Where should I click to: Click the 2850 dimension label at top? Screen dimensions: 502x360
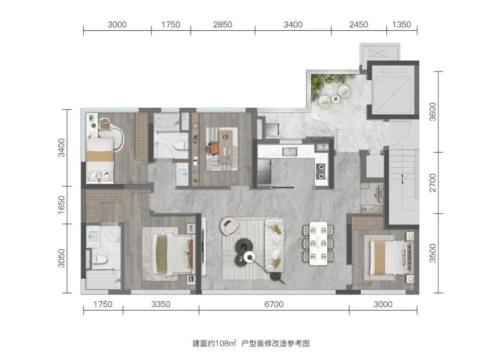[x=223, y=25]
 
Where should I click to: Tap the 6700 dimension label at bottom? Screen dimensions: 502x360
[x=274, y=304]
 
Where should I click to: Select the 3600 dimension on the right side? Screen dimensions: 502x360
[x=433, y=111]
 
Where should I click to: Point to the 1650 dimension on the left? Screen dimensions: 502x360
[x=61, y=205]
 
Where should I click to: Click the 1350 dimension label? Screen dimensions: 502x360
[x=402, y=25]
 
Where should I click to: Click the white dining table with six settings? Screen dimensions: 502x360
[x=318, y=243]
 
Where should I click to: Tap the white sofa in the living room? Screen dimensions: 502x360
[x=274, y=245]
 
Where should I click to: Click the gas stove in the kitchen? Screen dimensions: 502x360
[x=321, y=171]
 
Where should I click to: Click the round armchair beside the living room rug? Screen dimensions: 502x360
[x=229, y=226]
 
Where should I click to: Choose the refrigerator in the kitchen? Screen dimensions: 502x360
[x=264, y=172]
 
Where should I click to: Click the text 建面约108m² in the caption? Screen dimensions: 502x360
[x=214, y=343]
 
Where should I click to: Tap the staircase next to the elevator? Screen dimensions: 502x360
[x=402, y=185]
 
